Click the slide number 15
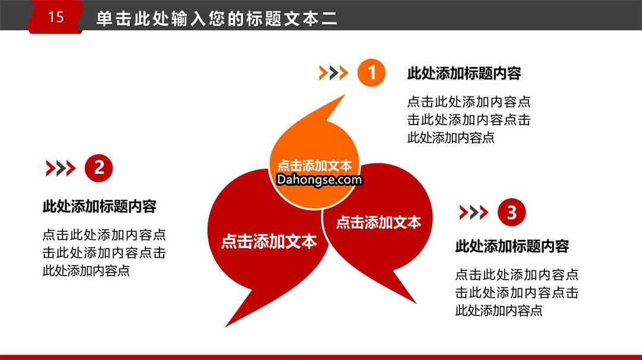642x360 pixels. pos(56,17)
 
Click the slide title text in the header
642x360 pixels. pos(216,19)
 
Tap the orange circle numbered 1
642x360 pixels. pos(372,73)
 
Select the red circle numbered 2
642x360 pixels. pos(99,168)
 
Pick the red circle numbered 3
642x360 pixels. pos(512,212)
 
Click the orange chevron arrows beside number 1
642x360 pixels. pos(333,73)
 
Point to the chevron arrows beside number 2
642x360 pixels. pos(61,168)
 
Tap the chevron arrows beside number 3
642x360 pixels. pos(474,212)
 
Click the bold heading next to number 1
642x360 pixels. pos(464,74)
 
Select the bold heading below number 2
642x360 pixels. pos(99,207)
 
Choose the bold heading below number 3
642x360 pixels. pos(512,247)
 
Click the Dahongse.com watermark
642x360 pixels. pos(319,179)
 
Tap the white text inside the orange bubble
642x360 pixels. pos(314,165)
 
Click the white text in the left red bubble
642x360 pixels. pos(269,241)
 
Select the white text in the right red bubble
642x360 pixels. pos(379,222)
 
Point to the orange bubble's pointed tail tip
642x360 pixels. pos(345,95)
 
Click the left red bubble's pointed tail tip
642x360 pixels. pos(226,327)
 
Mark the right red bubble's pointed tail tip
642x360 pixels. pos(416,303)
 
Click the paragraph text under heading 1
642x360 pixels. pos(469,119)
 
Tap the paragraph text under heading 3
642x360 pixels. pos(517,292)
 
